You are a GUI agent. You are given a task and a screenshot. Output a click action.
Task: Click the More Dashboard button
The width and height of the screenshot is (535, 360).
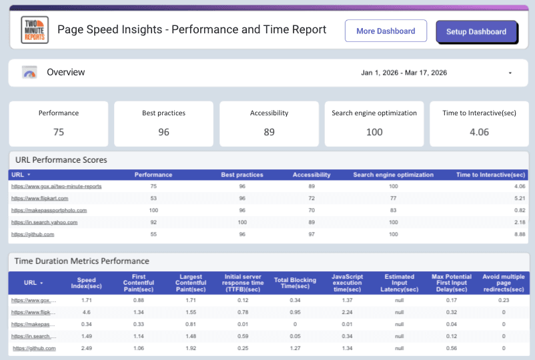pos(386,31)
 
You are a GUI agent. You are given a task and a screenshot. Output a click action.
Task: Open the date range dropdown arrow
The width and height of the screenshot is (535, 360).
pos(510,73)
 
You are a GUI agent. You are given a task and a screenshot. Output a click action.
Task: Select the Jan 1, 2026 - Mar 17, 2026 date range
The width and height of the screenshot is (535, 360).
pos(404,73)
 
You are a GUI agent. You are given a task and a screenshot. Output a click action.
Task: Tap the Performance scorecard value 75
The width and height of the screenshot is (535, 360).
pos(59,132)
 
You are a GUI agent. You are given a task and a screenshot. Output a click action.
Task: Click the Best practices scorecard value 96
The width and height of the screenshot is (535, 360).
pos(163,132)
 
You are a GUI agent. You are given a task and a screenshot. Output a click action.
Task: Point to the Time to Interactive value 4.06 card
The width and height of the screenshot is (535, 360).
pos(479,132)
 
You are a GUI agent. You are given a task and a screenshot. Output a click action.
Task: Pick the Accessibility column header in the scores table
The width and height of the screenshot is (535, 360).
pos(312,175)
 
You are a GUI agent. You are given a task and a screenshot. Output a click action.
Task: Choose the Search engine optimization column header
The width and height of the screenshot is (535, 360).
pos(393,175)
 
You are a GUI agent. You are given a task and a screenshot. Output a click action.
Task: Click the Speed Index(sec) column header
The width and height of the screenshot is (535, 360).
pos(86,283)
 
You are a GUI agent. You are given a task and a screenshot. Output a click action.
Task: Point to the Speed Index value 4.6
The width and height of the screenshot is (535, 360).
pos(86,312)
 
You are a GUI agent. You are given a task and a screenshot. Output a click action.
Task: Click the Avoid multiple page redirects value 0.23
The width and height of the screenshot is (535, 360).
pos(503,300)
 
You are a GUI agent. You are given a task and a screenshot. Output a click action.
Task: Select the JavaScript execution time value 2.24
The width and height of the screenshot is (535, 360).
pos(346,312)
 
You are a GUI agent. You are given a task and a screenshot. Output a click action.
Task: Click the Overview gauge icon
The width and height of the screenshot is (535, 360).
pos(29,73)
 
